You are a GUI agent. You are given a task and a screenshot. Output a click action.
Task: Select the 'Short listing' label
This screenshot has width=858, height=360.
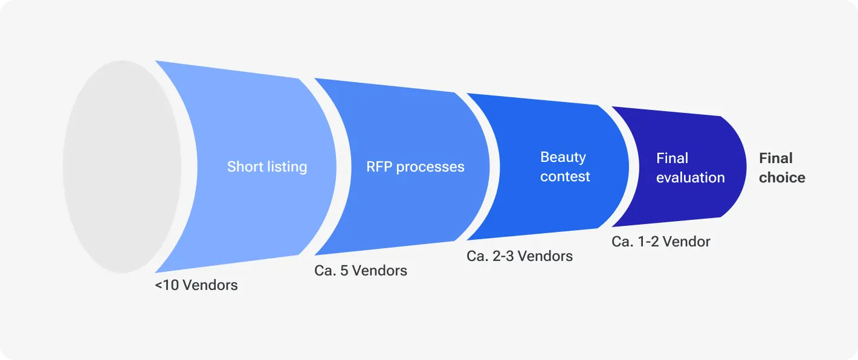tap(267, 167)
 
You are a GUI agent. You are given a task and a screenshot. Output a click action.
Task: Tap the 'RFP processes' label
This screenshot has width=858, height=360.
tap(415, 167)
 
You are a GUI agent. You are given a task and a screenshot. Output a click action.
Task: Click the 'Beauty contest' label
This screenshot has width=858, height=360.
tap(564, 167)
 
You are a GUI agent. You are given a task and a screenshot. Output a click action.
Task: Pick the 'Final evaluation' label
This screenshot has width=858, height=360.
tap(690, 168)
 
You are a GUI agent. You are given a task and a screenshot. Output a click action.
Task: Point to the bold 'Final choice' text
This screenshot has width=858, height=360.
tap(782, 168)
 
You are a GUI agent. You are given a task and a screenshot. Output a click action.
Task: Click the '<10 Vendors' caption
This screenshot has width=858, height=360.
tap(196, 285)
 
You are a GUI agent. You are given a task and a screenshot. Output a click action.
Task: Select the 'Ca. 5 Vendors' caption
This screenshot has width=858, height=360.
tap(361, 270)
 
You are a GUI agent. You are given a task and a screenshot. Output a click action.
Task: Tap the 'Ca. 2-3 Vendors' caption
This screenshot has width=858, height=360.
tap(520, 256)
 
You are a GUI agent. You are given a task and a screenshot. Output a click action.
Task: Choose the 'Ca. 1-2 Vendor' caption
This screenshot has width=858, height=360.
tap(661, 242)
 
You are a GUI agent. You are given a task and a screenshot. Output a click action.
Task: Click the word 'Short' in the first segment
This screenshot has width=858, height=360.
tap(245, 167)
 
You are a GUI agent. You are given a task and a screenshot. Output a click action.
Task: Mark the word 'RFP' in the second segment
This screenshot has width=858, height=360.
tap(379, 167)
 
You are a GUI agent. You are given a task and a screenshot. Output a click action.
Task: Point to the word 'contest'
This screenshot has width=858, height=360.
tap(565, 177)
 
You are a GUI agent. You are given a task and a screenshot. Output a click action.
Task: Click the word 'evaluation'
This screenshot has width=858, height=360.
tap(690, 178)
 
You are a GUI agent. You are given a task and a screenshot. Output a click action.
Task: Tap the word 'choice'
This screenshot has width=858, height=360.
tap(782, 178)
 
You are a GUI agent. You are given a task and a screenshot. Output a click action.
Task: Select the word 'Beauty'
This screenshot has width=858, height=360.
tap(563, 157)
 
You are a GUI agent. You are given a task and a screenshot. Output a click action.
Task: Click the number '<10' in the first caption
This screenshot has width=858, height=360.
tap(167, 285)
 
